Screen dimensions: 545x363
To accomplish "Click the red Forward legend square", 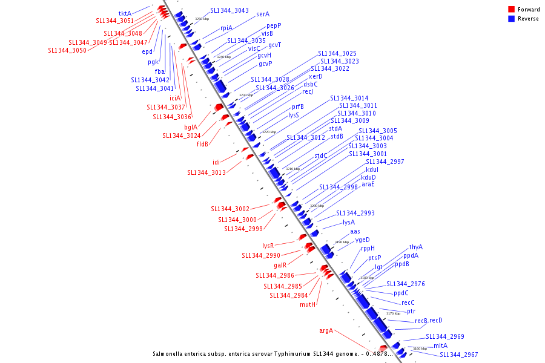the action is tap(511, 9).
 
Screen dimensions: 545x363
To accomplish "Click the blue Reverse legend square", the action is tap(511, 19).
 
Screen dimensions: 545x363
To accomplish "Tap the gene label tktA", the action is tap(125, 13).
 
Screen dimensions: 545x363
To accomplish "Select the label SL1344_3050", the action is tap(67, 50).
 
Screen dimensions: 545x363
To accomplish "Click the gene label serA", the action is tap(263, 14).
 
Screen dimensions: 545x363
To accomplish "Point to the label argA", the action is tap(326, 330).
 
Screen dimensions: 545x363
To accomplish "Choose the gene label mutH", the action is tap(308, 304).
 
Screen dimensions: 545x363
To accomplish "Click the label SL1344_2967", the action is tap(458, 355).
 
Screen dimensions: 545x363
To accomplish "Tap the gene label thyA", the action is tap(416, 247).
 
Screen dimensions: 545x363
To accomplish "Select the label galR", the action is tap(280, 265).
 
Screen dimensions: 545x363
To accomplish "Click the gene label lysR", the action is tap(268, 246).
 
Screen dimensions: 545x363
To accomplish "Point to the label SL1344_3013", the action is tap(206, 172).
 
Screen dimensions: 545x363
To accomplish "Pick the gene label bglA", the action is tap(191, 127).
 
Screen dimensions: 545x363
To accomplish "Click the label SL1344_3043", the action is tap(230, 10).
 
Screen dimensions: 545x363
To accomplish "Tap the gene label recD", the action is tap(436, 320).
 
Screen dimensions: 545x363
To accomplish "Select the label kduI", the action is tap(372, 169).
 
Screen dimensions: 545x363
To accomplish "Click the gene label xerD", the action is tap(315, 77).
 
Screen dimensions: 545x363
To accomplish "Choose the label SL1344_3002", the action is tap(230, 209).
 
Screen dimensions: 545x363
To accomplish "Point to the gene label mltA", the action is tap(440, 345).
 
